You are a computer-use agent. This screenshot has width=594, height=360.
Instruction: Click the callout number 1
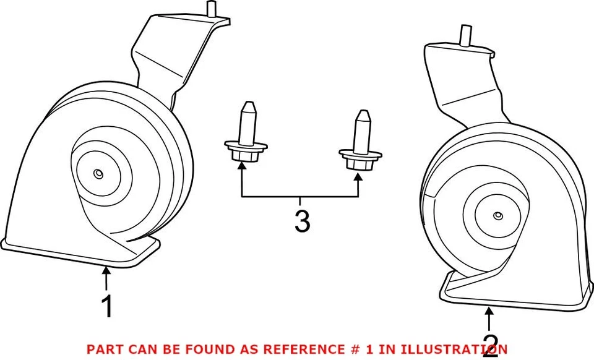106,307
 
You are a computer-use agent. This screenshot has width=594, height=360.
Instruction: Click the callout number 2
490,345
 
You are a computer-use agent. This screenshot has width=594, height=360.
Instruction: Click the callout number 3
302,221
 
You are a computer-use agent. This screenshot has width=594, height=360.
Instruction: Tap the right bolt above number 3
359,142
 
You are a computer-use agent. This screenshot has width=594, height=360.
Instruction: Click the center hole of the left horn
99,174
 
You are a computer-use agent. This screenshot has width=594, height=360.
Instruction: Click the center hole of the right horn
497,216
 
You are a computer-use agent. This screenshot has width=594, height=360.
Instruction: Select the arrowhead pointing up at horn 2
489,311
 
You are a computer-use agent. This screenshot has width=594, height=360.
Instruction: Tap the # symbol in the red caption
355,349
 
